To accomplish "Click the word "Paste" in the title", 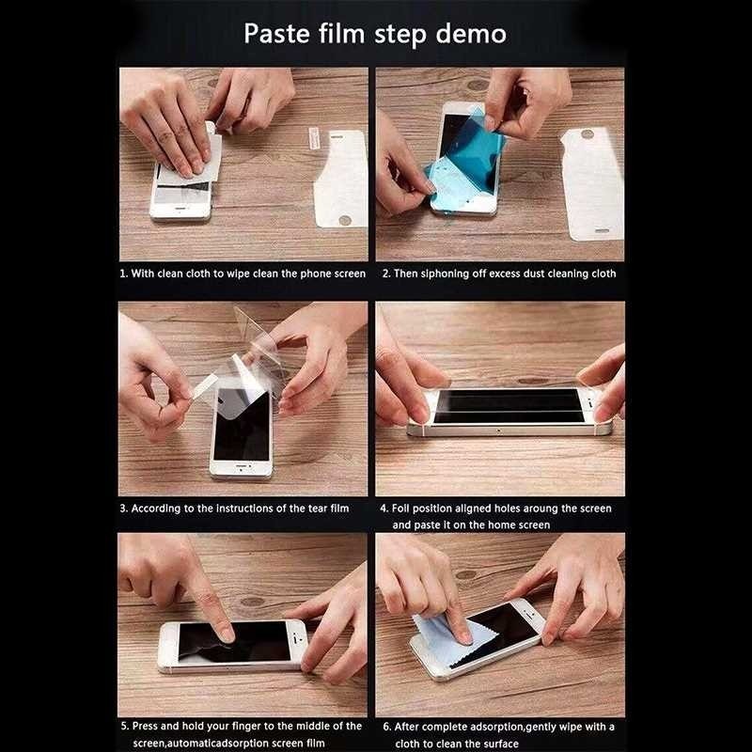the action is (276, 34).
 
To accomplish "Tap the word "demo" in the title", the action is (471, 34).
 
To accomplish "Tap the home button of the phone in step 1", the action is (180, 209).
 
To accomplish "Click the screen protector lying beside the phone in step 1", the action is (341, 179).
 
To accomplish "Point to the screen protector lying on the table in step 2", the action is (593, 184).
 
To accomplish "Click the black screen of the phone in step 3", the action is (243, 425).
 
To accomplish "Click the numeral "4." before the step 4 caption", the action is (384, 509).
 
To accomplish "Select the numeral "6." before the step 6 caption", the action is (387, 727).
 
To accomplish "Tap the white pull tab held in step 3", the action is (204, 386).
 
